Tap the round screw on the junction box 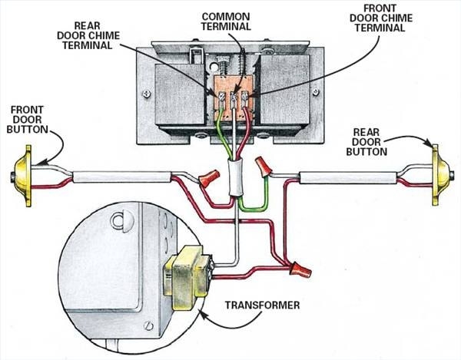point(118,224)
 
